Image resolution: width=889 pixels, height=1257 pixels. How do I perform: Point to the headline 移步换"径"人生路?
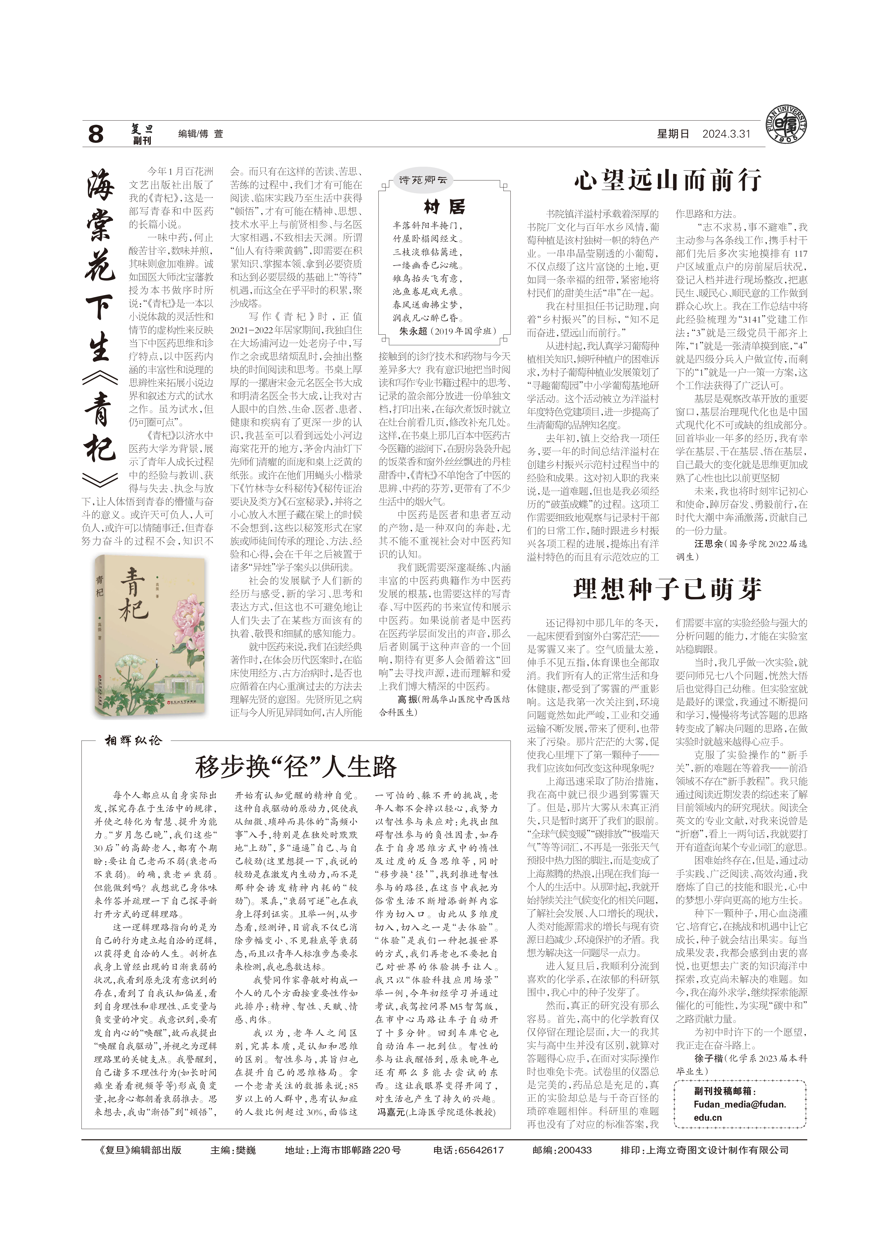click(295, 766)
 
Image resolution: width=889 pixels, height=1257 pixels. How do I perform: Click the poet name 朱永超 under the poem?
click(413, 331)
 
